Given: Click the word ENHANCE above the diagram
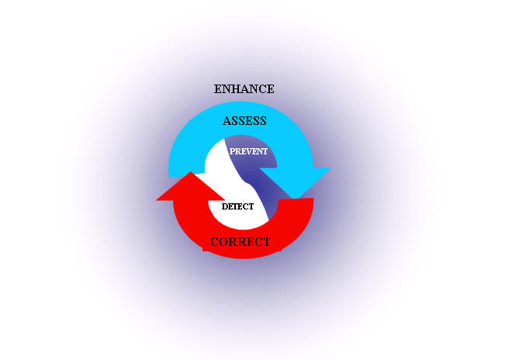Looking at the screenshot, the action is coord(244,89).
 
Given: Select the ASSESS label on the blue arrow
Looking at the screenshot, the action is coord(244,121).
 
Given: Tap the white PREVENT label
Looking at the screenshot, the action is coord(248,151).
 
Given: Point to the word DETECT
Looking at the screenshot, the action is coord(237,206).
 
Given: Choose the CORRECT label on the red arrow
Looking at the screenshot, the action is coord(240,242).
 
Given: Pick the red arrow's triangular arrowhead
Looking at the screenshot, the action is coord(191,186).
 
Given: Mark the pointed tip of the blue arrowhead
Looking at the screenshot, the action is coord(298,199).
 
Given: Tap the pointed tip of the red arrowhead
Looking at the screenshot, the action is coord(190,171).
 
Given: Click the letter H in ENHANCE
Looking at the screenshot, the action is coord(231,89).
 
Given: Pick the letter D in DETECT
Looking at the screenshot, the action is coord(224,206).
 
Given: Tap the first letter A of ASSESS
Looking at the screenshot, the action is coord(227,121).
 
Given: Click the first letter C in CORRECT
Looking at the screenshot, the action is coord(214,242).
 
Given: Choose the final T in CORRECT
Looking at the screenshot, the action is coord(266,242).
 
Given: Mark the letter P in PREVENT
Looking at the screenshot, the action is coord(232,151).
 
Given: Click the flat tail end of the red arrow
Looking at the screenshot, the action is coord(296,205).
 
